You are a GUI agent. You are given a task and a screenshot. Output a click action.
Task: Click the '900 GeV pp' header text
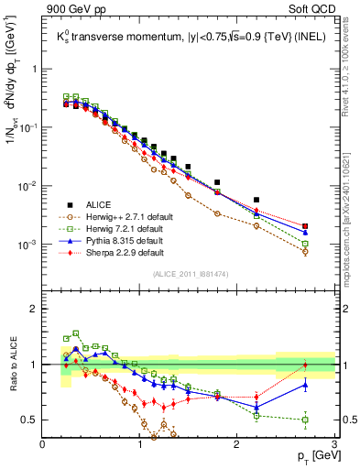(x=74, y=9)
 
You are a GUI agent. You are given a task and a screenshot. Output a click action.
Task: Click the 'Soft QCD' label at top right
(x=313, y=9)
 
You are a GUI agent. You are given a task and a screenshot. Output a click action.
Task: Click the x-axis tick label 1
(x=140, y=445)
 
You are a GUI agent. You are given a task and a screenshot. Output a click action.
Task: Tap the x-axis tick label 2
(x=237, y=445)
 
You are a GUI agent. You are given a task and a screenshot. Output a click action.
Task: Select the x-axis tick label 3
(x=334, y=445)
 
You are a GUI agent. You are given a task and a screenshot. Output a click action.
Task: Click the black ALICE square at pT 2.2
(x=256, y=200)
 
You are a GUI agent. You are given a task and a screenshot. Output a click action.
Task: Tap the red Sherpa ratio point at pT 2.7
(x=305, y=365)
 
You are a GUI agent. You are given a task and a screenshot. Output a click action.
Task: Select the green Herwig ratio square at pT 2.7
(x=305, y=420)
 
